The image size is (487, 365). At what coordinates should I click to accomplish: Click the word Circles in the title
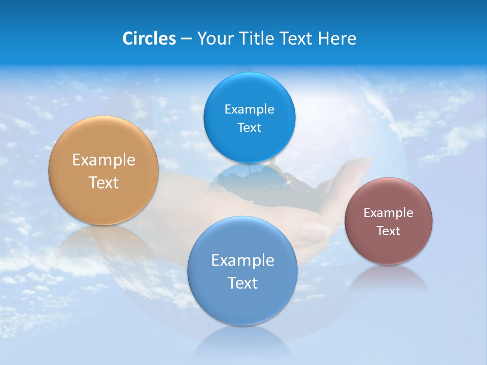pos(149,39)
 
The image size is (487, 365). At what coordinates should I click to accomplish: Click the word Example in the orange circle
pos(103,160)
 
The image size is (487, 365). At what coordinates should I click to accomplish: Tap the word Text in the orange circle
pos(103,182)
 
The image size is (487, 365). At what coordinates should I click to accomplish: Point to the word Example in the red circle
pos(389,213)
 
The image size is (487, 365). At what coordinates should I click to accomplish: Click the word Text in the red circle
pos(389,231)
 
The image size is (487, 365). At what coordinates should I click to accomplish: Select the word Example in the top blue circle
pos(249,109)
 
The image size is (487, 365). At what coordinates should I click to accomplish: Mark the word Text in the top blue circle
pos(249,128)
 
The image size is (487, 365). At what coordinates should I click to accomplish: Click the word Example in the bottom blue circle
pos(242,261)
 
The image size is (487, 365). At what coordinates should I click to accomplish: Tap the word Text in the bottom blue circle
pos(242,283)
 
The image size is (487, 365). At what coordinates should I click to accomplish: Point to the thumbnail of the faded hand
pos(325,193)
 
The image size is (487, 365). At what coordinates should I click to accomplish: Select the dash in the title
pos(186,39)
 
